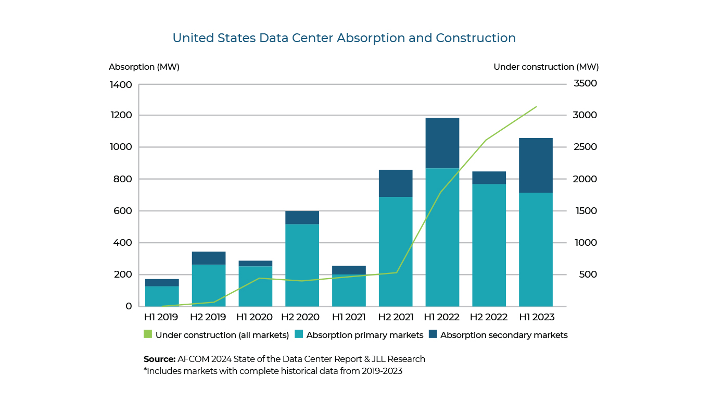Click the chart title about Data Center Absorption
click(x=344, y=38)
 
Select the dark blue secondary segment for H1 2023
click(x=536, y=165)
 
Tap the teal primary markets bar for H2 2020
click(x=302, y=265)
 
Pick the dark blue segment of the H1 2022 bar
click(x=442, y=143)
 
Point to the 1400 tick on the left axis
click(x=121, y=84)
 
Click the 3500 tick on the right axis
click(x=586, y=83)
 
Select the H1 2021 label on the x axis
click(x=349, y=317)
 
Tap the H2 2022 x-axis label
click(x=489, y=317)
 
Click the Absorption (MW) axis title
click(x=144, y=67)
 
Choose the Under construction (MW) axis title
click(x=546, y=67)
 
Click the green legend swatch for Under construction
click(x=148, y=335)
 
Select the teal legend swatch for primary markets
click(x=299, y=335)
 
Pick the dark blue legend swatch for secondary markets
click(x=433, y=335)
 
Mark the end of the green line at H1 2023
click(x=536, y=107)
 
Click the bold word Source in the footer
click(x=159, y=359)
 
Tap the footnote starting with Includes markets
click(x=273, y=371)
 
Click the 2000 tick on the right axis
click(x=586, y=179)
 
